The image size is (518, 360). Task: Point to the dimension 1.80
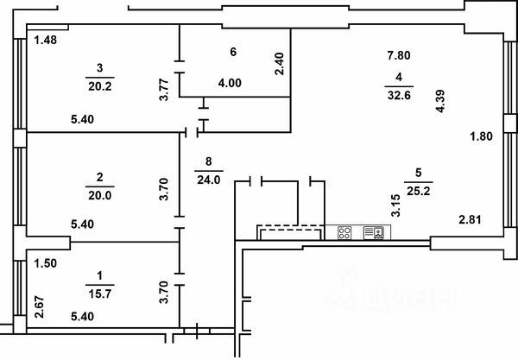[x=481, y=136]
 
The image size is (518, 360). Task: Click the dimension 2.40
[x=278, y=65]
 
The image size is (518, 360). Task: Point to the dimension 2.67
[x=37, y=307]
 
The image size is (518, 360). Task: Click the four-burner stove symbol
[x=344, y=232]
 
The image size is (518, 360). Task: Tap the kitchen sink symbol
[x=374, y=232]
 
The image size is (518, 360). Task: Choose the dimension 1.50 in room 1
[x=45, y=264]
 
